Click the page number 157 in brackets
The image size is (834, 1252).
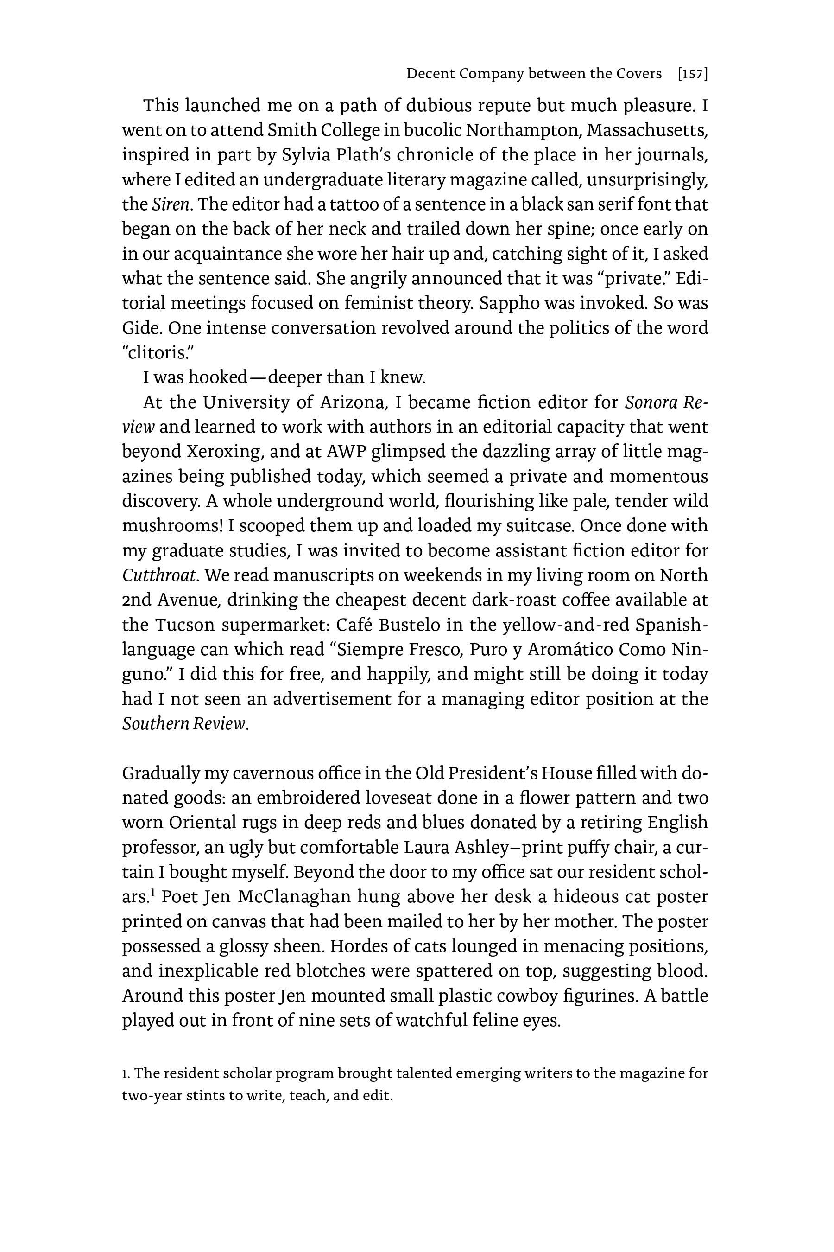693,74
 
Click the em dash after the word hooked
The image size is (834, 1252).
257,377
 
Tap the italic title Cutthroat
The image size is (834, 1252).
160,575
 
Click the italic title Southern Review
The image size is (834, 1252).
184,724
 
